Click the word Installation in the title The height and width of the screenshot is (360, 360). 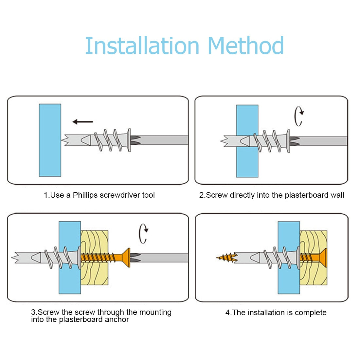142,46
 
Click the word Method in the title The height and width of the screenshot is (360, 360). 245,46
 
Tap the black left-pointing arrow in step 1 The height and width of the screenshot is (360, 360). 82,122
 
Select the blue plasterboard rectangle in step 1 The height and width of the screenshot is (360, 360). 50,140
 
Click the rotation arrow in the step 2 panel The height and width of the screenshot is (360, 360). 298,117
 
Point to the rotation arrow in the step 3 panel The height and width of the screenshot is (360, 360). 143,233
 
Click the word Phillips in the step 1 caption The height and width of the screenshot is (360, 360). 85,195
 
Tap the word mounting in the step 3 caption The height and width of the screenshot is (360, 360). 155,312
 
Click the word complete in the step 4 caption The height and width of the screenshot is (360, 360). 311,313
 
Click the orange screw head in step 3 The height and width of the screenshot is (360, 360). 124,258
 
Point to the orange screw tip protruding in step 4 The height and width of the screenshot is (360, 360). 226,258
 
